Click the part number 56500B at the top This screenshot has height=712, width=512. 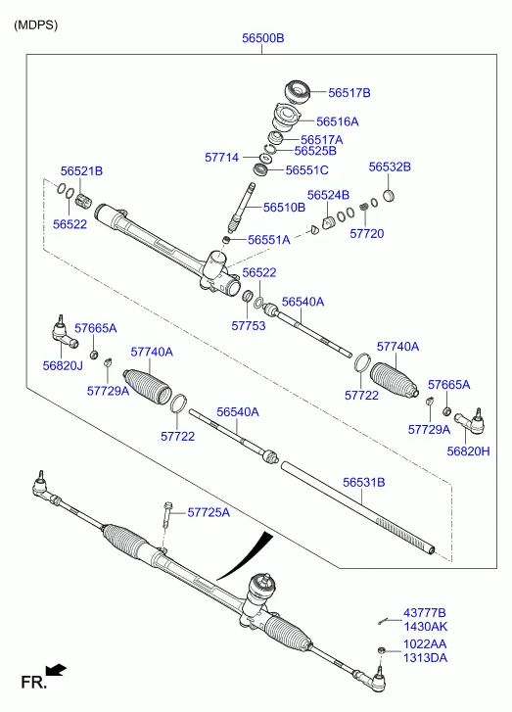pyautogui.click(x=262, y=38)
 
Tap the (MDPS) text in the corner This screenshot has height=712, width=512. pyautogui.click(x=36, y=25)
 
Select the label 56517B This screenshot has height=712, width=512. pyautogui.click(x=349, y=93)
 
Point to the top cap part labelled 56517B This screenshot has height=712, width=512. pyautogui.click(x=298, y=92)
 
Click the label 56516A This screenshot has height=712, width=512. pyautogui.click(x=337, y=121)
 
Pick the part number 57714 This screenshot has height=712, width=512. pyautogui.click(x=221, y=158)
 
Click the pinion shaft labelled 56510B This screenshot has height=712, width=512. pyautogui.click(x=243, y=206)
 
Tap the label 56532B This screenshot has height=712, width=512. pyautogui.click(x=390, y=167)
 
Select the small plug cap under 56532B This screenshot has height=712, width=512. pyautogui.click(x=389, y=196)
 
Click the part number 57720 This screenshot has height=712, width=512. pyautogui.click(x=367, y=233)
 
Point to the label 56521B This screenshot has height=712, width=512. pyautogui.click(x=81, y=171)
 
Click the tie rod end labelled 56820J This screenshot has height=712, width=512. pyautogui.click(x=64, y=333)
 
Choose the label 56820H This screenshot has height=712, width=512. pyautogui.click(x=468, y=451)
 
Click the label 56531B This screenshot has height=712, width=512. pyautogui.click(x=363, y=482)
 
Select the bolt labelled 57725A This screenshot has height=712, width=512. pyautogui.click(x=167, y=514)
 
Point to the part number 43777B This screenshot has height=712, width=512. pyautogui.click(x=425, y=613)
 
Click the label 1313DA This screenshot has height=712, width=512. pyautogui.click(x=425, y=657)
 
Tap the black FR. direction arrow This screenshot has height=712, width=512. pyautogui.click(x=56, y=671)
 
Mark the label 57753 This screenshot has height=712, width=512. pyautogui.click(x=249, y=325)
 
